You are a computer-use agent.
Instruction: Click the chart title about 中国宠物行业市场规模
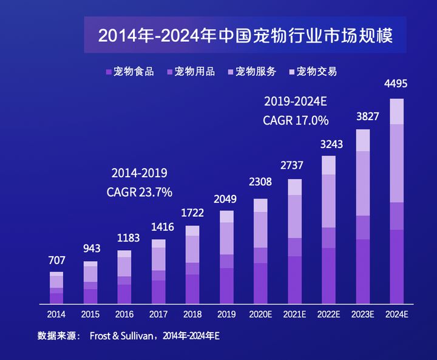tap(245, 35)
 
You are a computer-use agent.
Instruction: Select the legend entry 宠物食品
tap(130, 72)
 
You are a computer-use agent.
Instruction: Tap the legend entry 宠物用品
tap(191, 72)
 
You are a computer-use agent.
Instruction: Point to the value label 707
tap(56, 260)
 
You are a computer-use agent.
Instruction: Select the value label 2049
tap(226, 199)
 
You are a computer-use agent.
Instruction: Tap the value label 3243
tap(328, 144)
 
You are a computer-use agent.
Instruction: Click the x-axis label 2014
tap(56, 314)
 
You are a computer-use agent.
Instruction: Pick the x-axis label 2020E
tap(260, 314)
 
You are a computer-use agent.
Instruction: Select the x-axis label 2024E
tap(396, 314)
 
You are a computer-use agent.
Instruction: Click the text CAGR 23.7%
tap(140, 192)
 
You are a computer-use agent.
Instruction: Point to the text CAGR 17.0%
tap(296, 120)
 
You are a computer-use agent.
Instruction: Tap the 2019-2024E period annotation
tap(296, 101)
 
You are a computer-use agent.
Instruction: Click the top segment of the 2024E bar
tap(396, 111)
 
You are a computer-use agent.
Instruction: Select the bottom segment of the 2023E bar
tap(362, 271)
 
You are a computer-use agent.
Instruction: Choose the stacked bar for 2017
tap(158, 271)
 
